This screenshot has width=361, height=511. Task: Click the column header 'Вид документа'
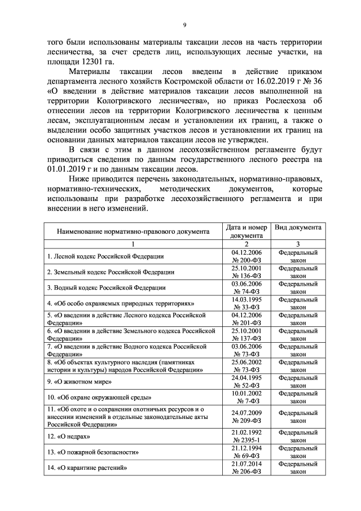pyautogui.click(x=298, y=227)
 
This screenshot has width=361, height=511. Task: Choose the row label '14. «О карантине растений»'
pyautogui.click(x=86, y=467)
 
